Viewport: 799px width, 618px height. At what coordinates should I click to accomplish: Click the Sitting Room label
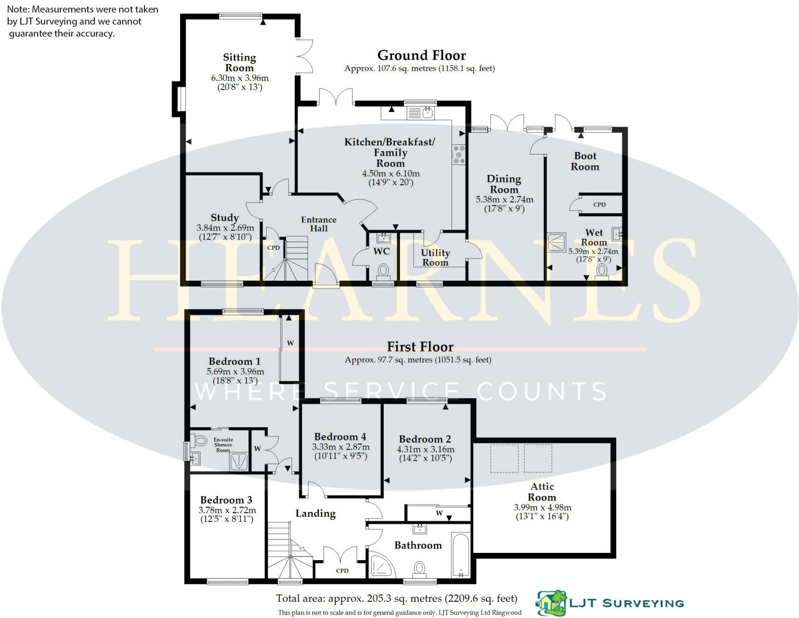pos(239,63)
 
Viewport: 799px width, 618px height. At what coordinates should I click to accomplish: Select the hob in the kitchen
pos(459,155)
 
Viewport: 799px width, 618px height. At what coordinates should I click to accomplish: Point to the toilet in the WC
pos(383,270)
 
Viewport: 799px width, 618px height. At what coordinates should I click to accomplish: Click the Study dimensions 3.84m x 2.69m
pos(225,228)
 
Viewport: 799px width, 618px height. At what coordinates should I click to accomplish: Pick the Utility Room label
pos(435,257)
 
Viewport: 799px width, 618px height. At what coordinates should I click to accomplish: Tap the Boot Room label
pos(585,161)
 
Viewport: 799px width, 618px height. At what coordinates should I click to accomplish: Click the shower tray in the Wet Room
pos(557,242)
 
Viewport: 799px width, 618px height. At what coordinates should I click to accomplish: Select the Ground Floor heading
pos(421,55)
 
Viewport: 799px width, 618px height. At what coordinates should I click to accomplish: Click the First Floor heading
pos(420,347)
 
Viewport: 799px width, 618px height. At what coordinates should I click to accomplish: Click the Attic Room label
pos(542,492)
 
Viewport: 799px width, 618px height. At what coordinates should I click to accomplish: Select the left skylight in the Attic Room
pos(504,458)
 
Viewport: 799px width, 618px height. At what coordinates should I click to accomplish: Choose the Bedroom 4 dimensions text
pos(340,451)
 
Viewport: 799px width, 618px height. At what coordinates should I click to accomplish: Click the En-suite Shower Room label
pos(223,445)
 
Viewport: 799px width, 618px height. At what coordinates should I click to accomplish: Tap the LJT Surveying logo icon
pos(552,603)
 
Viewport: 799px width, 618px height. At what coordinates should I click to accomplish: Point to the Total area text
pos(396,598)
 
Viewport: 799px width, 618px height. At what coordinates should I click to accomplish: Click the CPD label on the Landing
pos(342,571)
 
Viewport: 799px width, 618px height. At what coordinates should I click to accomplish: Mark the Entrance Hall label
pos(319,224)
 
